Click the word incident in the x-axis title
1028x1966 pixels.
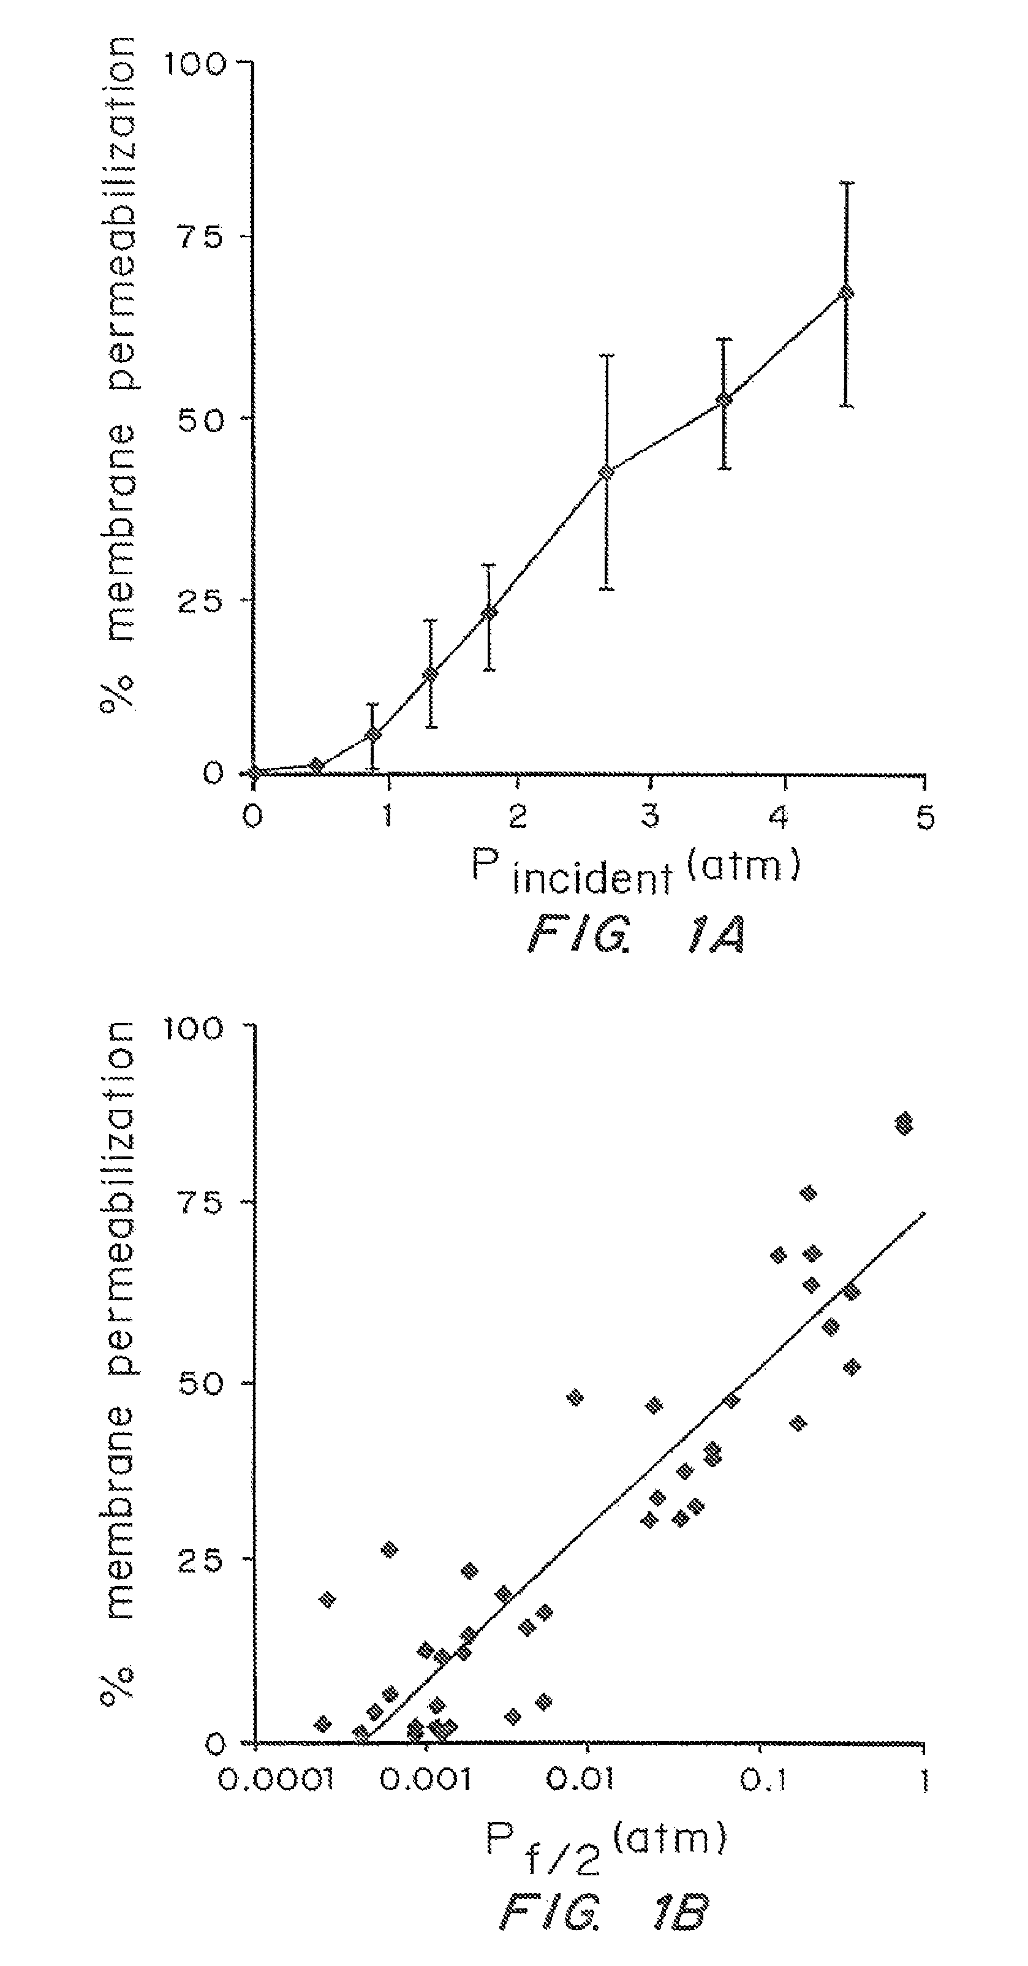[593, 878]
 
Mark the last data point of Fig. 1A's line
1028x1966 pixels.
[845, 293]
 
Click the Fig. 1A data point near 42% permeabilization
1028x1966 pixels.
[606, 473]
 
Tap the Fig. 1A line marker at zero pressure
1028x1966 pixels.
[255, 773]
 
